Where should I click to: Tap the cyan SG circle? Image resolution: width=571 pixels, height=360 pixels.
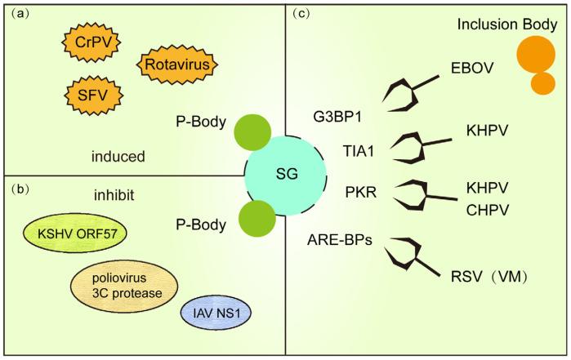click(286, 176)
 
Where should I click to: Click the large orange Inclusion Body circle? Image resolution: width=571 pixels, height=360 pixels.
click(536, 55)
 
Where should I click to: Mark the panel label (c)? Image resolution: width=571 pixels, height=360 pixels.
click(299, 13)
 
